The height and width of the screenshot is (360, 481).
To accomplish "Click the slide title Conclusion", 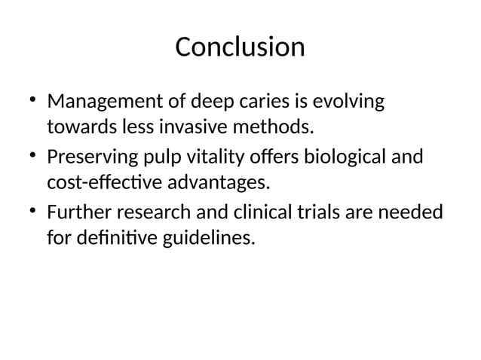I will coord(240,47).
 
